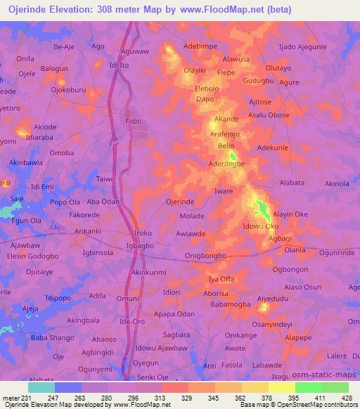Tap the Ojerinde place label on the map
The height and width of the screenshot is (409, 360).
179,202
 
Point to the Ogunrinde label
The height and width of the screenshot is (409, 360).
333,252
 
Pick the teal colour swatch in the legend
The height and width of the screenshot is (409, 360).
41,387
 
